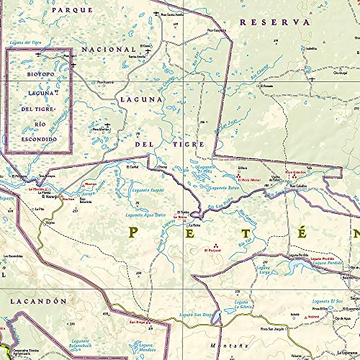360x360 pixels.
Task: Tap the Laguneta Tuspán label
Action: pos(150,189)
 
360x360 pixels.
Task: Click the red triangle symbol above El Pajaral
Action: pos(214,243)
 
